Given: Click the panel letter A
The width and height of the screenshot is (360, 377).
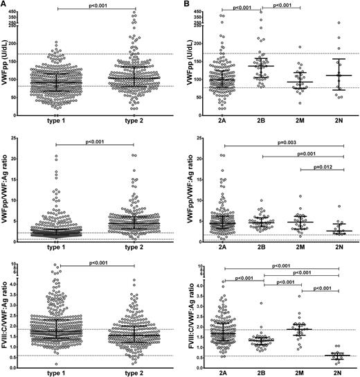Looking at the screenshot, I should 5,5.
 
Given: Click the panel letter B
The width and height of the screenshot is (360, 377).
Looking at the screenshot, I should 188,5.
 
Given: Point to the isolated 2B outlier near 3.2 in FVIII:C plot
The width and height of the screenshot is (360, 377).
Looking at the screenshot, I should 261,303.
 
